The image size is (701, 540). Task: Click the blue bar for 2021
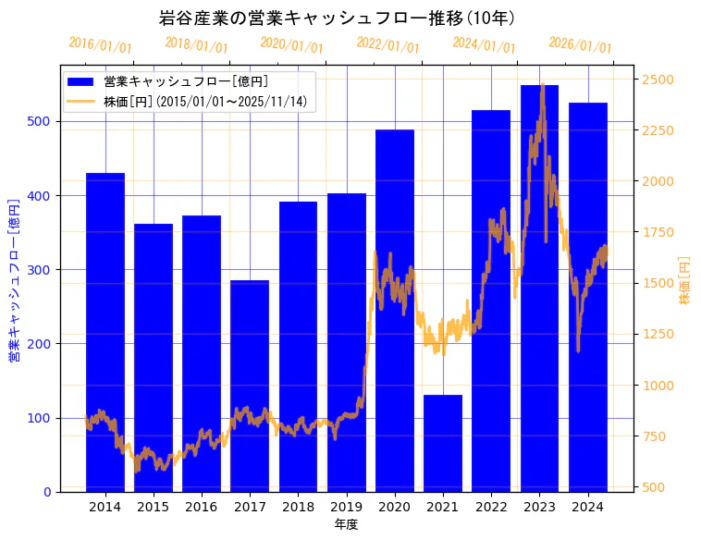pyautogui.click(x=443, y=443)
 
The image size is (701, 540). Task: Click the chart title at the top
pyautogui.click(x=338, y=18)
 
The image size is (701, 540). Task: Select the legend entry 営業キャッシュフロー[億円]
pyautogui.click(x=186, y=82)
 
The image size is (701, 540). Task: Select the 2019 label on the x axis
pyautogui.click(x=346, y=506)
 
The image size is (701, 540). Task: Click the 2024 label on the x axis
pyautogui.click(x=587, y=506)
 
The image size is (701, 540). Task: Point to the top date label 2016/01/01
pyautogui.click(x=100, y=46)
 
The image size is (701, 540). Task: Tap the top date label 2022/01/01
pyautogui.click(x=387, y=46)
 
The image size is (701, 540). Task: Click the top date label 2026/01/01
pyautogui.click(x=580, y=46)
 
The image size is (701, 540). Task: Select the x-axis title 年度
pyautogui.click(x=346, y=524)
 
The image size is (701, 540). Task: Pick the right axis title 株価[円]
pyautogui.click(x=685, y=280)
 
